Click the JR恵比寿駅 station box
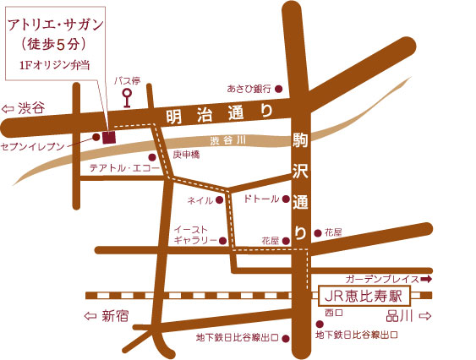point(364,297)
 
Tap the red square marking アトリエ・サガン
point(109,134)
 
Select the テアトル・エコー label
point(117,167)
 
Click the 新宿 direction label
point(118,316)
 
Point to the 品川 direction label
point(401,316)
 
